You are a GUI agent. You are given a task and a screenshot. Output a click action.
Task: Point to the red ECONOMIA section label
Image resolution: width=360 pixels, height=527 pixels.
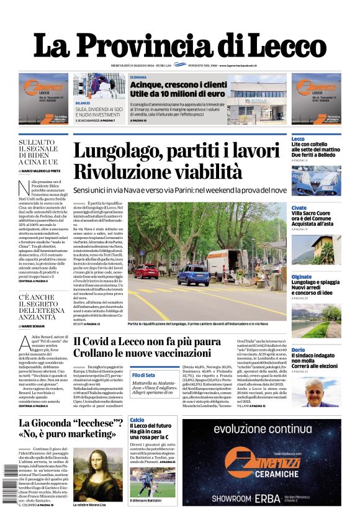138,77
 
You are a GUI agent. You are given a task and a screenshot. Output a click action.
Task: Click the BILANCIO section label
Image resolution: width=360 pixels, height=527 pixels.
83,102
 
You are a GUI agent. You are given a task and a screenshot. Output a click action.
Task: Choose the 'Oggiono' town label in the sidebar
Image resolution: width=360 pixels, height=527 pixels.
302,277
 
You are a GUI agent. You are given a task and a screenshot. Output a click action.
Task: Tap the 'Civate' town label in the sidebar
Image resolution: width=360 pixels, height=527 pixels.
299,208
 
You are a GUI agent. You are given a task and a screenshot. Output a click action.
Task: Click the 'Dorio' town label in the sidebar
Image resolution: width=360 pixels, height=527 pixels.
298,350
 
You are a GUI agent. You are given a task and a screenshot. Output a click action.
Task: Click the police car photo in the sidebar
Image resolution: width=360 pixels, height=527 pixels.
316,179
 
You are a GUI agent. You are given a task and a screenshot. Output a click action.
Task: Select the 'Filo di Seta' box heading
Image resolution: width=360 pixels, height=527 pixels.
143,375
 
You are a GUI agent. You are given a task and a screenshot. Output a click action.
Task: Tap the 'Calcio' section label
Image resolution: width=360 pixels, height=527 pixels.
137,420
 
